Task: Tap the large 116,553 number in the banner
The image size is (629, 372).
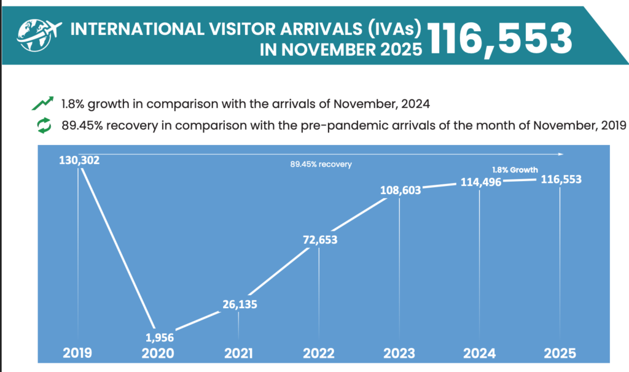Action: point(499,38)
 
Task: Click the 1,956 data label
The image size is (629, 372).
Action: point(159,336)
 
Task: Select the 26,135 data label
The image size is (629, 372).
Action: point(238,303)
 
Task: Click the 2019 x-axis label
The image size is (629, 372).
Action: point(77,353)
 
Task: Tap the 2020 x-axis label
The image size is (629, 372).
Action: point(158,353)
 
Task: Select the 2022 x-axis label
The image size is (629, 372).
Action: point(319,353)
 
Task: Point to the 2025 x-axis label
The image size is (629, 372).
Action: point(560,353)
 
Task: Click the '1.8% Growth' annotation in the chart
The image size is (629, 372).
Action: point(515,169)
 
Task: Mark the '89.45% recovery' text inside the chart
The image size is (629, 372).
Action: point(321,165)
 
